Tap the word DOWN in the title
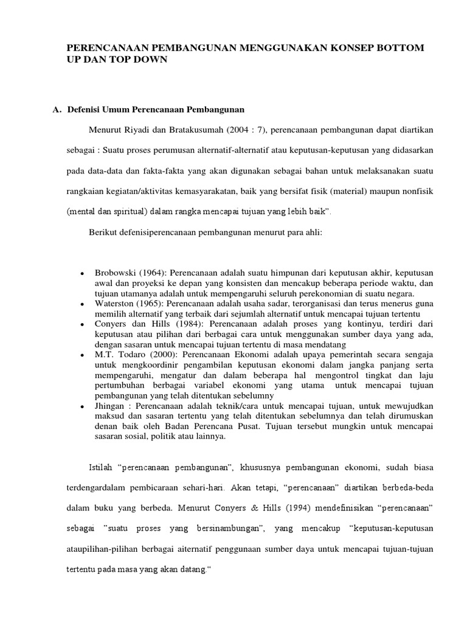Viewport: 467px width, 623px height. coord(150,60)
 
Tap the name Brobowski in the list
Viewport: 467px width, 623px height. coord(115,273)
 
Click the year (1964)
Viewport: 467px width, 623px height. coord(150,273)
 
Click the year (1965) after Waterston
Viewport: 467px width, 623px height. coord(149,302)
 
